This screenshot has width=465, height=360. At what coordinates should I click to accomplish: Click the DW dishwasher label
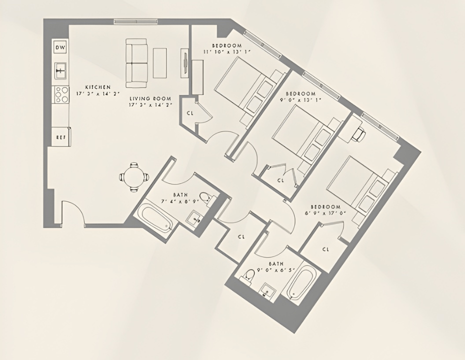click(60, 47)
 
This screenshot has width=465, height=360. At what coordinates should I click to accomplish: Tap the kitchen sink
click(61, 70)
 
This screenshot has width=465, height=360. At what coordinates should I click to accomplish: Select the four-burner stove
click(61, 94)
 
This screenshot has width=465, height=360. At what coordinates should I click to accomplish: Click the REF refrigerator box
click(60, 136)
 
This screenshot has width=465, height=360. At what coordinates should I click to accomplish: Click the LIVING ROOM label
click(150, 98)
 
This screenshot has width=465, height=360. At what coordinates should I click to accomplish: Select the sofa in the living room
click(136, 62)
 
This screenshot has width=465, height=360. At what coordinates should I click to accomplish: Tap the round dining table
click(134, 176)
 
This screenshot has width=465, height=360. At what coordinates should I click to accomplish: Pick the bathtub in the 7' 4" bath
click(155, 218)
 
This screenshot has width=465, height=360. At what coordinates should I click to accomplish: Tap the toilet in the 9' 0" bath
click(250, 275)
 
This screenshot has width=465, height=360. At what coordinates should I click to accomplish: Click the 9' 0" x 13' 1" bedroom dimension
click(300, 99)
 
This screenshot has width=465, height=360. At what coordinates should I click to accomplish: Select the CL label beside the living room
click(190, 113)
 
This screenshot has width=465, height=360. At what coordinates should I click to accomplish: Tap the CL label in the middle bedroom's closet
click(280, 180)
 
